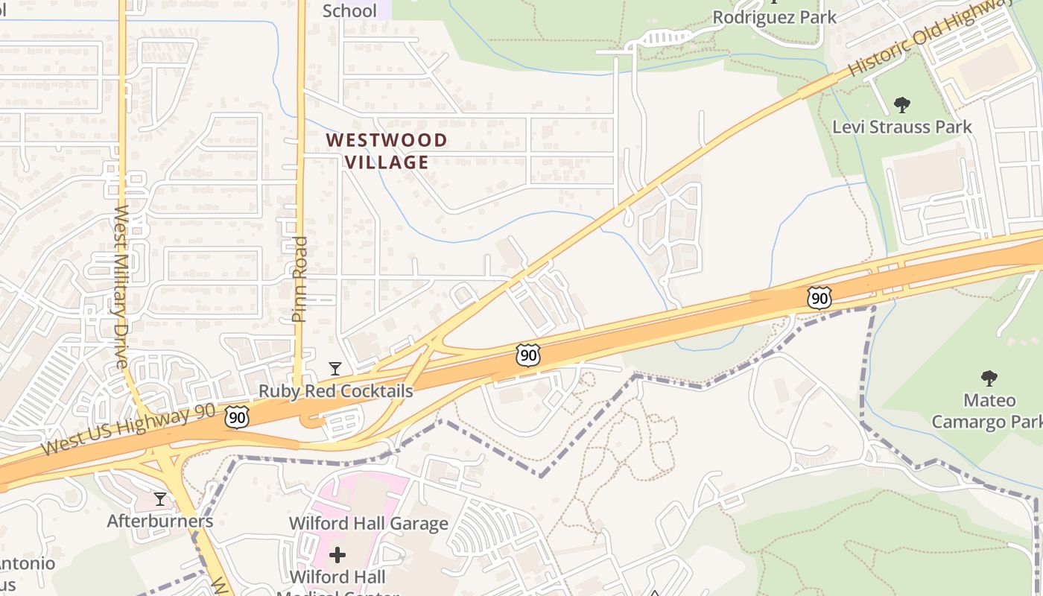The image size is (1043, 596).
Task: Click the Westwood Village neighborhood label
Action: click(387, 151)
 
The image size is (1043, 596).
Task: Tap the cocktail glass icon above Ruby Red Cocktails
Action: click(335, 369)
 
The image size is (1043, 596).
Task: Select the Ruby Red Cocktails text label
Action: click(335, 391)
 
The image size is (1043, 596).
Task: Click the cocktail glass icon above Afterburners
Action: click(160, 498)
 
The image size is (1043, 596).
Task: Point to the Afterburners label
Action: click(160, 521)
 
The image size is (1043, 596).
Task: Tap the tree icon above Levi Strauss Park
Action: click(901, 104)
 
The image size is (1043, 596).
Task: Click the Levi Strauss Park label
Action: click(901, 127)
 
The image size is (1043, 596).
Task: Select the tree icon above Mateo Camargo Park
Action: click(989, 378)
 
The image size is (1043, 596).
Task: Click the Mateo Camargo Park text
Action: click(989, 411)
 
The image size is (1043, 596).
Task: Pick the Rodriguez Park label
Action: click(775, 16)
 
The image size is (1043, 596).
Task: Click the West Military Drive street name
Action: click(121, 287)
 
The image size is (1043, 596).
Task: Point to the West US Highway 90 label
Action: click(128, 430)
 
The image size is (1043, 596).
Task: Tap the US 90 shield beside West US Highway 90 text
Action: click(237, 417)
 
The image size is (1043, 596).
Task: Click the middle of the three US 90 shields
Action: click(527, 355)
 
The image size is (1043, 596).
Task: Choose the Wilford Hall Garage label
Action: click(369, 523)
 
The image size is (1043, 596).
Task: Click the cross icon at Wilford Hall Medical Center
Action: click(337, 554)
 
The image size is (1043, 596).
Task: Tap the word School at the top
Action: click(349, 10)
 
